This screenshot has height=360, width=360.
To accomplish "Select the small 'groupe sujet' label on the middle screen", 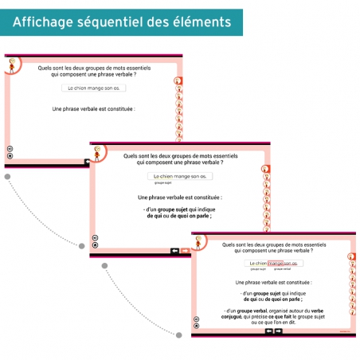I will [164, 182].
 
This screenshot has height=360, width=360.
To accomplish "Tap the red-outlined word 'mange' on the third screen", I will [276, 263].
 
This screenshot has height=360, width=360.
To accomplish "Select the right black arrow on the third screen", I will [279, 331].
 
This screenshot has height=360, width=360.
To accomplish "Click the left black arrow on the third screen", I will [269, 331].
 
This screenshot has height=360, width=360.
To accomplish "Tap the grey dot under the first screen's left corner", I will [6, 176].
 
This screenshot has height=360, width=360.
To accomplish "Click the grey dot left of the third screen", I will [178, 335].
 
